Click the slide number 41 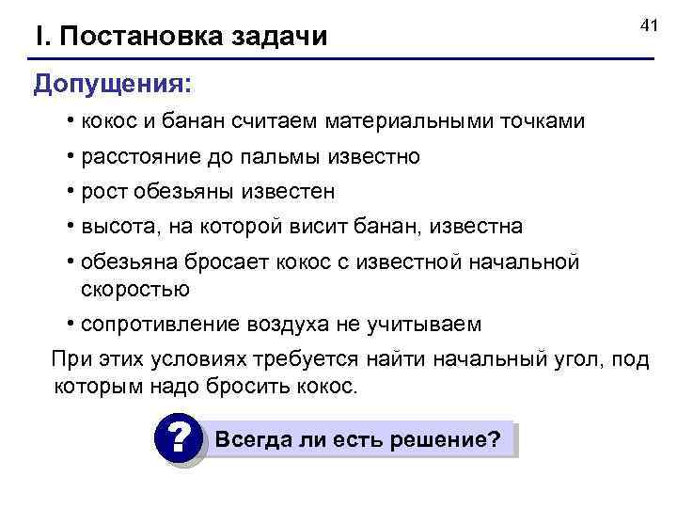[x=646, y=25]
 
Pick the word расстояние [x=137, y=156]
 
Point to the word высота [x=117, y=227]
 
